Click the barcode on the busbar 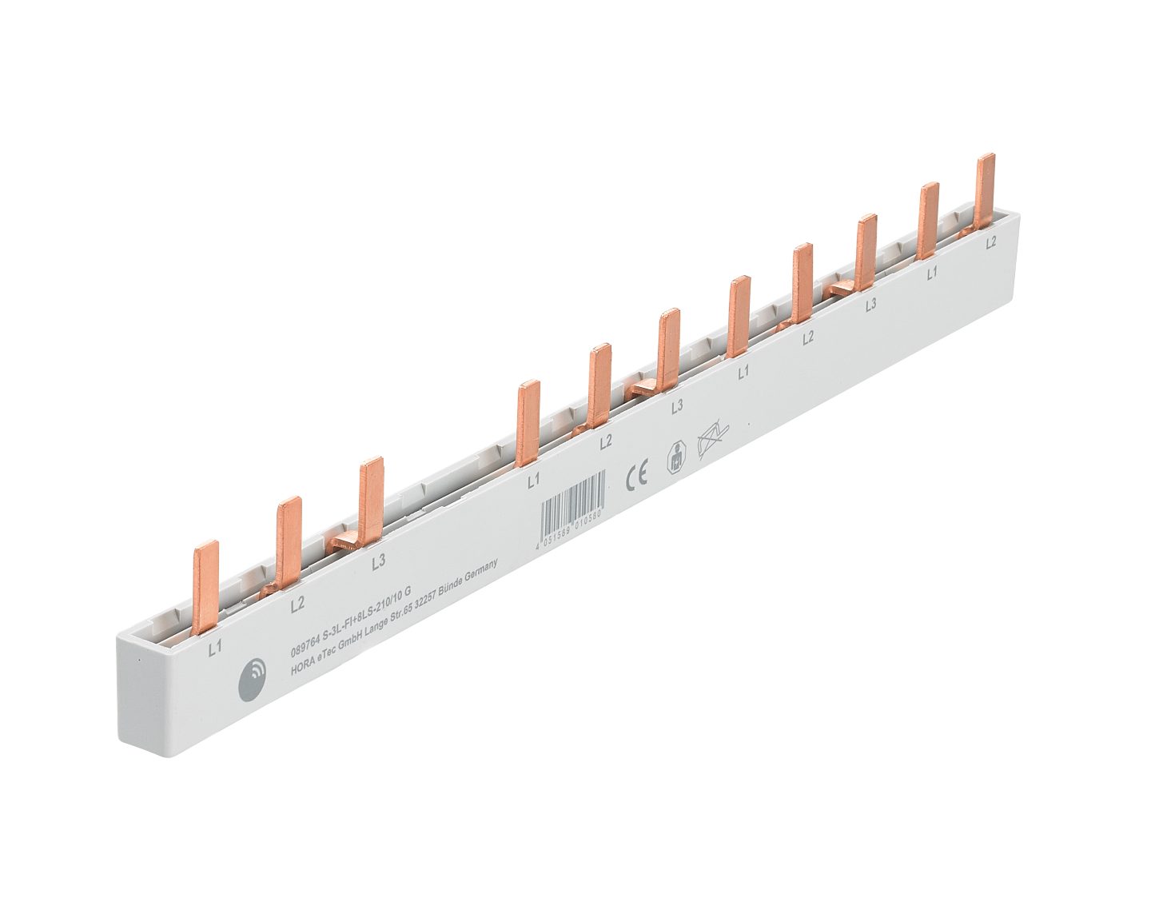click(x=570, y=505)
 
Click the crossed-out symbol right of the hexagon click(x=713, y=438)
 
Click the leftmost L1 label click(x=215, y=649)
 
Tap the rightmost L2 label click(x=991, y=242)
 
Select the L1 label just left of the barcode click(x=533, y=480)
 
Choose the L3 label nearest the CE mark click(x=676, y=406)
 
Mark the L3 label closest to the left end click(x=379, y=561)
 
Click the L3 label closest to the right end click(x=870, y=304)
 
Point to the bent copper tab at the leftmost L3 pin click(x=345, y=543)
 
